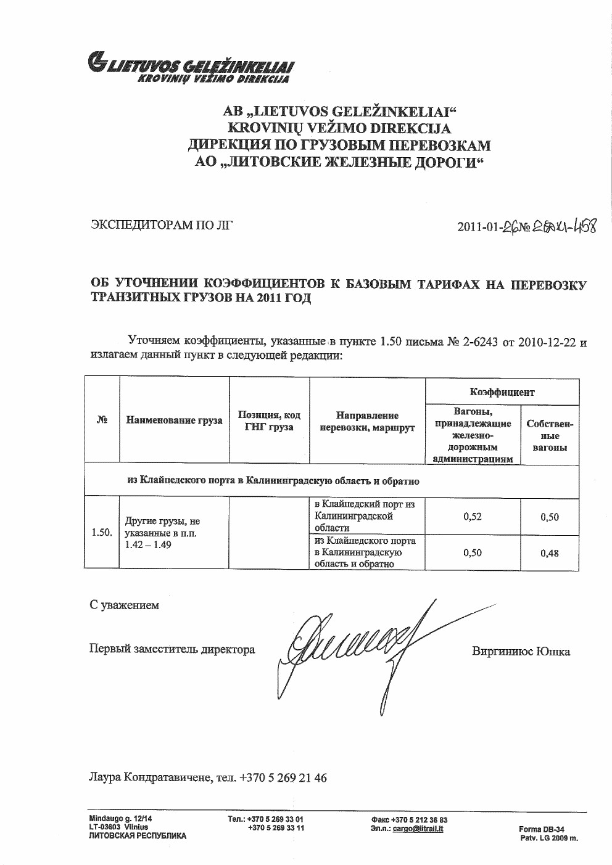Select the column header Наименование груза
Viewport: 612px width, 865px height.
174,420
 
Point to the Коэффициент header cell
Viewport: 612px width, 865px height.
502,392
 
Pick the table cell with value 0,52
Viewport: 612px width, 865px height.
472,517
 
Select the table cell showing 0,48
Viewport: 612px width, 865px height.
549,553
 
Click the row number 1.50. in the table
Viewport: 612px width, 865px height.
101,532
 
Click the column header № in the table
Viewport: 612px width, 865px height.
102,420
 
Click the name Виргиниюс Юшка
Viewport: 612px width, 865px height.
521,651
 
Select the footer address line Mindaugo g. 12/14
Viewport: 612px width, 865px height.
120,818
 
